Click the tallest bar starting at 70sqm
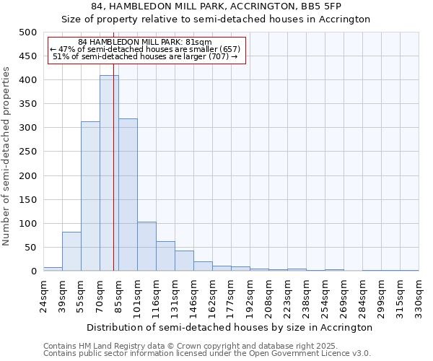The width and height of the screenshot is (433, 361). coord(109,173)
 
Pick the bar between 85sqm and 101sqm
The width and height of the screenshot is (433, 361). coord(128,195)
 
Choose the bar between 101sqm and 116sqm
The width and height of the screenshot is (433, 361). coord(146,246)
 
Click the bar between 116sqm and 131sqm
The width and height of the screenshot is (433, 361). coord(165,256)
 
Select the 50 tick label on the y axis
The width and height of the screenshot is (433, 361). coord(30,248)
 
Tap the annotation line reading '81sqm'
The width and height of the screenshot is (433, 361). coord(146,43)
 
